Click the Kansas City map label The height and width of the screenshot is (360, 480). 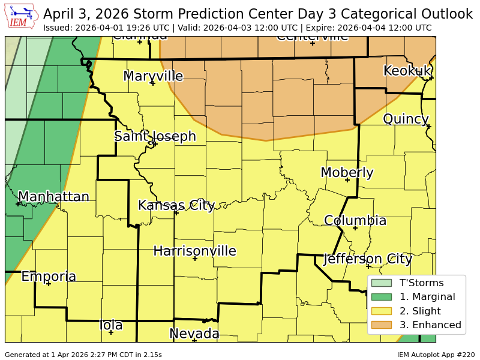pyautogui.click(x=176, y=205)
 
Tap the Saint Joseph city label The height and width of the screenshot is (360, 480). pyautogui.click(x=155, y=136)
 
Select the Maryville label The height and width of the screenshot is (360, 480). pyautogui.click(x=153, y=76)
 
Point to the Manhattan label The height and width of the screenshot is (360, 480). pyautogui.click(x=53, y=197)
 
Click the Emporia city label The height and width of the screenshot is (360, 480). pyautogui.click(x=49, y=277)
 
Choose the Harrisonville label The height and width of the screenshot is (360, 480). pyautogui.click(x=194, y=251)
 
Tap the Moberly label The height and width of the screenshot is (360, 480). pyautogui.click(x=347, y=173)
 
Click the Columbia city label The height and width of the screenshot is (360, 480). pyautogui.click(x=355, y=221)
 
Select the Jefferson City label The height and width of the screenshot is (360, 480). pyautogui.click(x=367, y=259)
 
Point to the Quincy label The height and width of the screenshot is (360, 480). pyautogui.click(x=406, y=119)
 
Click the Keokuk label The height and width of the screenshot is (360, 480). pyautogui.click(x=407, y=71)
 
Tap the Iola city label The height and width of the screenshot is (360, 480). pyautogui.click(x=111, y=325)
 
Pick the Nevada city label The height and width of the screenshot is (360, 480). pyautogui.click(x=194, y=334)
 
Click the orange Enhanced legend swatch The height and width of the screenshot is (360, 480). pyautogui.click(x=381, y=325)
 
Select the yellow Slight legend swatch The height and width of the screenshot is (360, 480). pyautogui.click(x=381, y=311)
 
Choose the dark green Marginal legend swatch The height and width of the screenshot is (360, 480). pyautogui.click(x=381, y=296)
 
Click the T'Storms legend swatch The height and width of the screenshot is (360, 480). pyautogui.click(x=381, y=283)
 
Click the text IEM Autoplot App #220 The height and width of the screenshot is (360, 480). pyautogui.click(x=436, y=355)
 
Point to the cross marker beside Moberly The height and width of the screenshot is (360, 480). pyautogui.click(x=347, y=180)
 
